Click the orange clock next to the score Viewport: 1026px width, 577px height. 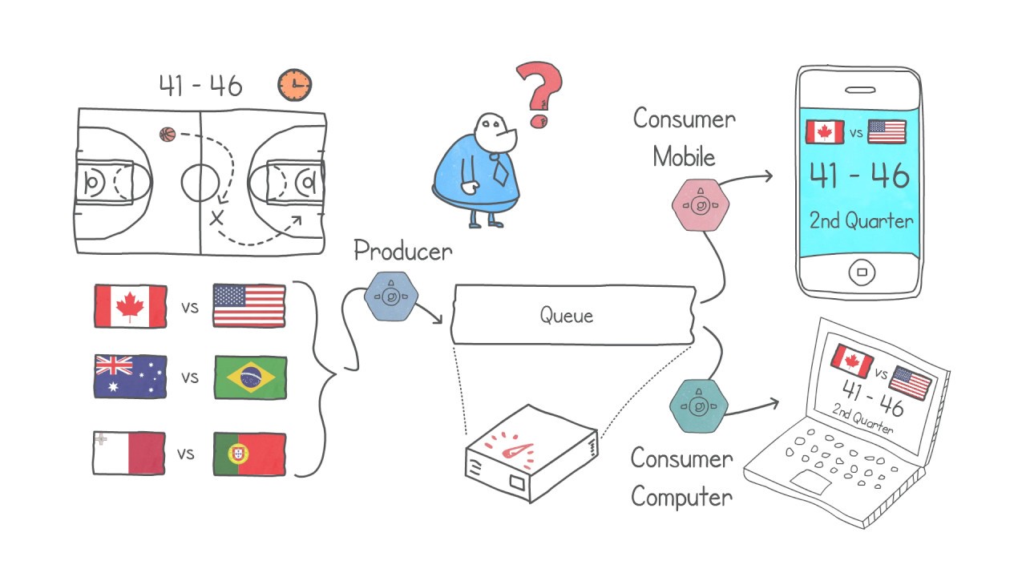click(x=294, y=85)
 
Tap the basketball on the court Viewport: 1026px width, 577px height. click(x=168, y=134)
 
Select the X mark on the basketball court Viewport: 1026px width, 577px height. click(x=216, y=217)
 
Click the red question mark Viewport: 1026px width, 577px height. click(x=540, y=95)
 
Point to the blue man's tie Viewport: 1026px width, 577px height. click(x=499, y=169)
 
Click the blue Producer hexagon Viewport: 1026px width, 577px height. click(x=391, y=297)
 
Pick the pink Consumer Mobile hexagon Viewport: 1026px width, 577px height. click(x=701, y=204)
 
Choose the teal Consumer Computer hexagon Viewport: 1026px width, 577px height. click(x=698, y=406)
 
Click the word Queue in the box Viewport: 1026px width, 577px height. click(x=567, y=316)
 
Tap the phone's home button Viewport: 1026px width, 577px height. click(x=862, y=272)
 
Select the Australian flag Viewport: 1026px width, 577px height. click(x=130, y=377)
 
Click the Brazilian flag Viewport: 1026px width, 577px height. click(x=251, y=377)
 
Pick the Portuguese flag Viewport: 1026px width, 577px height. click(x=249, y=454)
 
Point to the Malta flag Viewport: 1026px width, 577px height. click(x=129, y=453)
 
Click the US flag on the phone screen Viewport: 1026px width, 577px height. click(x=887, y=131)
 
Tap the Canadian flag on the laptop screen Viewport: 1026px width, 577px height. click(x=852, y=361)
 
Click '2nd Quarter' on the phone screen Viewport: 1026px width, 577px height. click(x=861, y=220)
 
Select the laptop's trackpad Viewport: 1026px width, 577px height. click(x=810, y=482)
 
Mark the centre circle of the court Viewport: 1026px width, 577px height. click(x=200, y=182)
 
